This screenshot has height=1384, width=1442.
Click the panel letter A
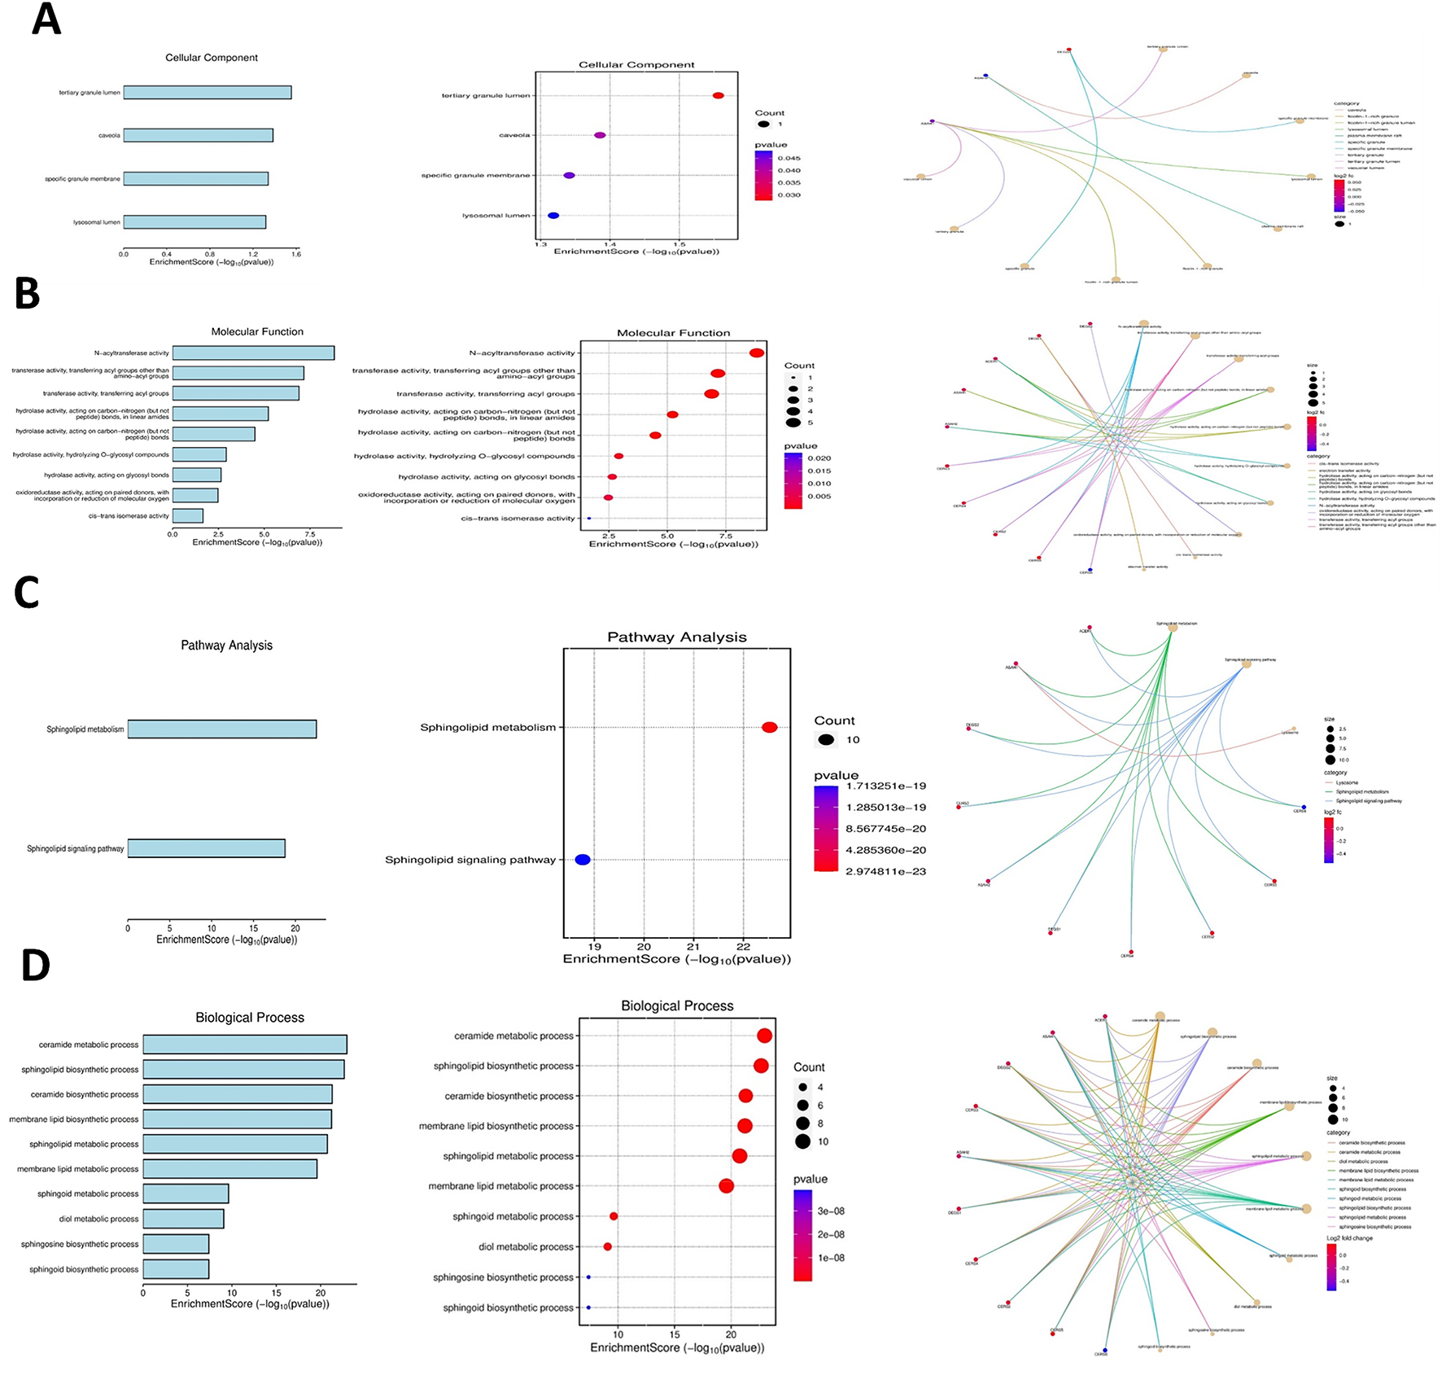tap(46, 20)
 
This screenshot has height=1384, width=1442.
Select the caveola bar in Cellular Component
tap(198, 135)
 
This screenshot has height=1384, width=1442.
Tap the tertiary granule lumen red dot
tap(718, 95)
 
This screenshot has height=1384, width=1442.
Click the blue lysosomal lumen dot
tap(553, 216)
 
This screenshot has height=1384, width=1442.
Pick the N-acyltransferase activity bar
tap(253, 353)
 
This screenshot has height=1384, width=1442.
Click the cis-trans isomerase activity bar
tap(188, 515)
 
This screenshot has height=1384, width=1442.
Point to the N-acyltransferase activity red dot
tap(756, 353)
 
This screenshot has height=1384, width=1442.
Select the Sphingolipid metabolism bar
tap(221, 729)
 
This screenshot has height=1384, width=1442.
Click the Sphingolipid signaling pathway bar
tap(206, 848)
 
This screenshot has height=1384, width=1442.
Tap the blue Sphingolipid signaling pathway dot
tap(583, 860)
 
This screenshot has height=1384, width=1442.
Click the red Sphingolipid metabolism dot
tap(769, 727)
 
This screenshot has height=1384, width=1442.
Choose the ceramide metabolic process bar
tap(245, 1045)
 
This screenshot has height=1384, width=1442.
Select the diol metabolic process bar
tap(183, 1219)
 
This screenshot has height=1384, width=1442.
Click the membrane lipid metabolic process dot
tap(726, 1186)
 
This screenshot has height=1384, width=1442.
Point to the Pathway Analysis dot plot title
tap(676, 637)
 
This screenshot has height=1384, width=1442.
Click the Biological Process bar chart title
tap(250, 1018)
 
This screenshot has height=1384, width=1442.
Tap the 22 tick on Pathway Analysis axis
tap(743, 947)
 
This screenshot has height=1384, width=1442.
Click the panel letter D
tap(35, 966)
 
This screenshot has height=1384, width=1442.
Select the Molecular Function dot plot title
tap(673, 333)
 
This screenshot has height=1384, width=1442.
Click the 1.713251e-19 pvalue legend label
tap(885, 786)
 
